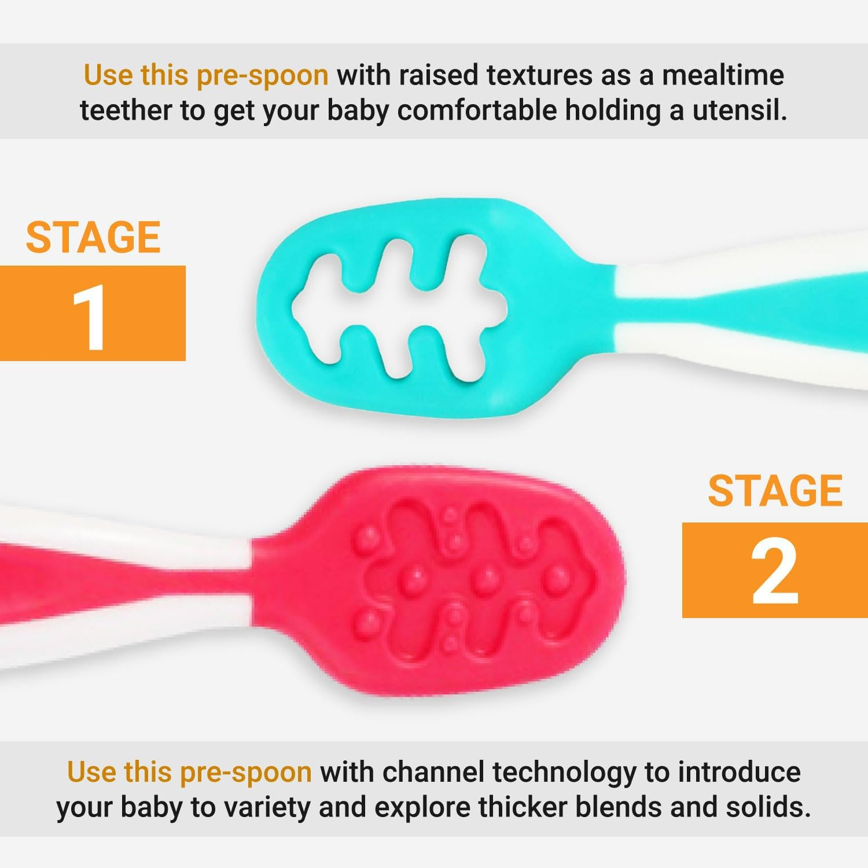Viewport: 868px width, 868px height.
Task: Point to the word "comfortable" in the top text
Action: click(x=477, y=110)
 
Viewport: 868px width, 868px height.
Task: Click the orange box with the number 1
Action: click(x=93, y=313)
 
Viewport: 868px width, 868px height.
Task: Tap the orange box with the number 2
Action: click(x=775, y=570)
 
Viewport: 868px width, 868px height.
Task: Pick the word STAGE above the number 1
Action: click(x=93, y=237)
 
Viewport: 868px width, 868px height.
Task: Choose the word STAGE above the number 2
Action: click(x=775, y=491)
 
